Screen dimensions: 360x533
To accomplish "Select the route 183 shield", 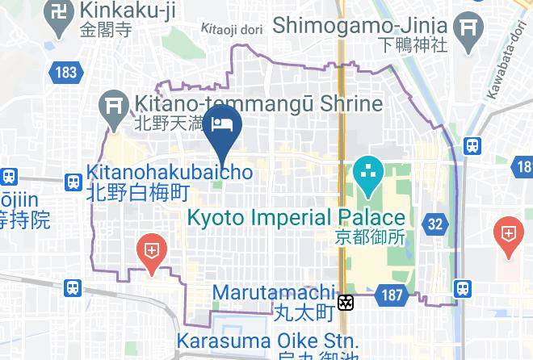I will click(66, 73).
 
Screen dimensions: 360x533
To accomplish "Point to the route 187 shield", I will click(392, 295).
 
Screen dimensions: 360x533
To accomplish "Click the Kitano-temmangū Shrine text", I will click(258, 104).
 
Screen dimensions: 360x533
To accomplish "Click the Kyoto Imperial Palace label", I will click(296, 218).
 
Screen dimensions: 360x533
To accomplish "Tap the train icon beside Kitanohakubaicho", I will click(73, 182).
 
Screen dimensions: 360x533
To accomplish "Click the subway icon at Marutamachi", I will click(346, 303).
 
